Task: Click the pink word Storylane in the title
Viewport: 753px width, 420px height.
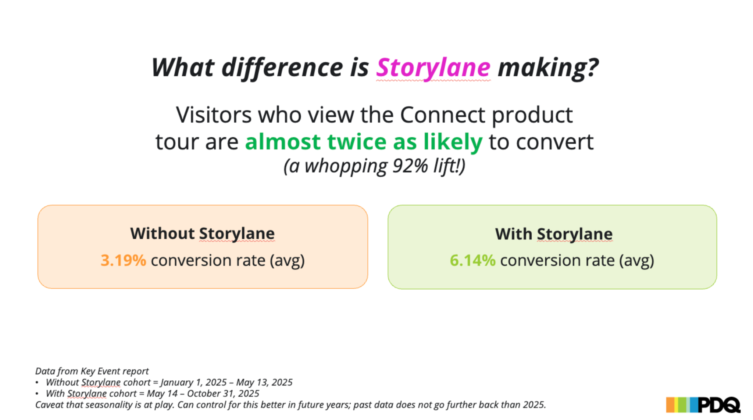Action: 433,68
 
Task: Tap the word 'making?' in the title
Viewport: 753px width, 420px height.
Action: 548,68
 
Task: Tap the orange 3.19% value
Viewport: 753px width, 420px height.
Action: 123,261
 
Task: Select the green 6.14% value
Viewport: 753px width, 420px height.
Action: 472,261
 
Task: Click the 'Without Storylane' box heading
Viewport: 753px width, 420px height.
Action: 203,234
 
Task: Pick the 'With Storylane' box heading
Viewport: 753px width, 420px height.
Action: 554,234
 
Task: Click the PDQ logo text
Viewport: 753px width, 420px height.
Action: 718,405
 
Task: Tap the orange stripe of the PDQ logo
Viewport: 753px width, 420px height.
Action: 670,405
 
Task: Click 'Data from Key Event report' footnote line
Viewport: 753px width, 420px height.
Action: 92,371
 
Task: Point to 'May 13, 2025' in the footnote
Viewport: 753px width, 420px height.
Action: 264,383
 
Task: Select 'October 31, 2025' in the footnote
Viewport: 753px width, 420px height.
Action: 223,394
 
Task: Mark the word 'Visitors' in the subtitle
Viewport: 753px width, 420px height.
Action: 214,115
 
